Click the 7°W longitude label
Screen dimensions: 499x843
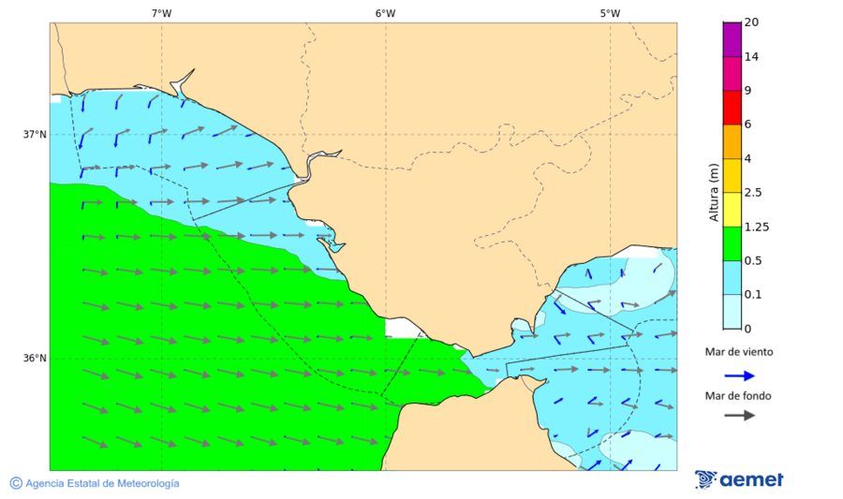click(x=161, y=13)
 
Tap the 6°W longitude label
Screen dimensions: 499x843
click(x=385, y=13)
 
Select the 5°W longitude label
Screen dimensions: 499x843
click(x=610, y=13)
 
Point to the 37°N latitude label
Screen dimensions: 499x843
click(x=35, y=134)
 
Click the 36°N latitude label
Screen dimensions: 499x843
click(x=35, y=359)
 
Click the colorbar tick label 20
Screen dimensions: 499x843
click(x=751, y=22)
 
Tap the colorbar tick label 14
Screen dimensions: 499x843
click(x=751, y=57)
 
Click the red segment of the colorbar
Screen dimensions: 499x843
click(x=732, y=108)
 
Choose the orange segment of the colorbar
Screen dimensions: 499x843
click(x=732, y=141)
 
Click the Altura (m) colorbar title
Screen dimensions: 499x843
click(x=714, y=192)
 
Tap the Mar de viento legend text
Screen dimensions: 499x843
click(x=739, y=352)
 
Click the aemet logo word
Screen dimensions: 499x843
click(x=751, y=480)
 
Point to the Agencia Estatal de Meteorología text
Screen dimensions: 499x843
click(x=102, y=483)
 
